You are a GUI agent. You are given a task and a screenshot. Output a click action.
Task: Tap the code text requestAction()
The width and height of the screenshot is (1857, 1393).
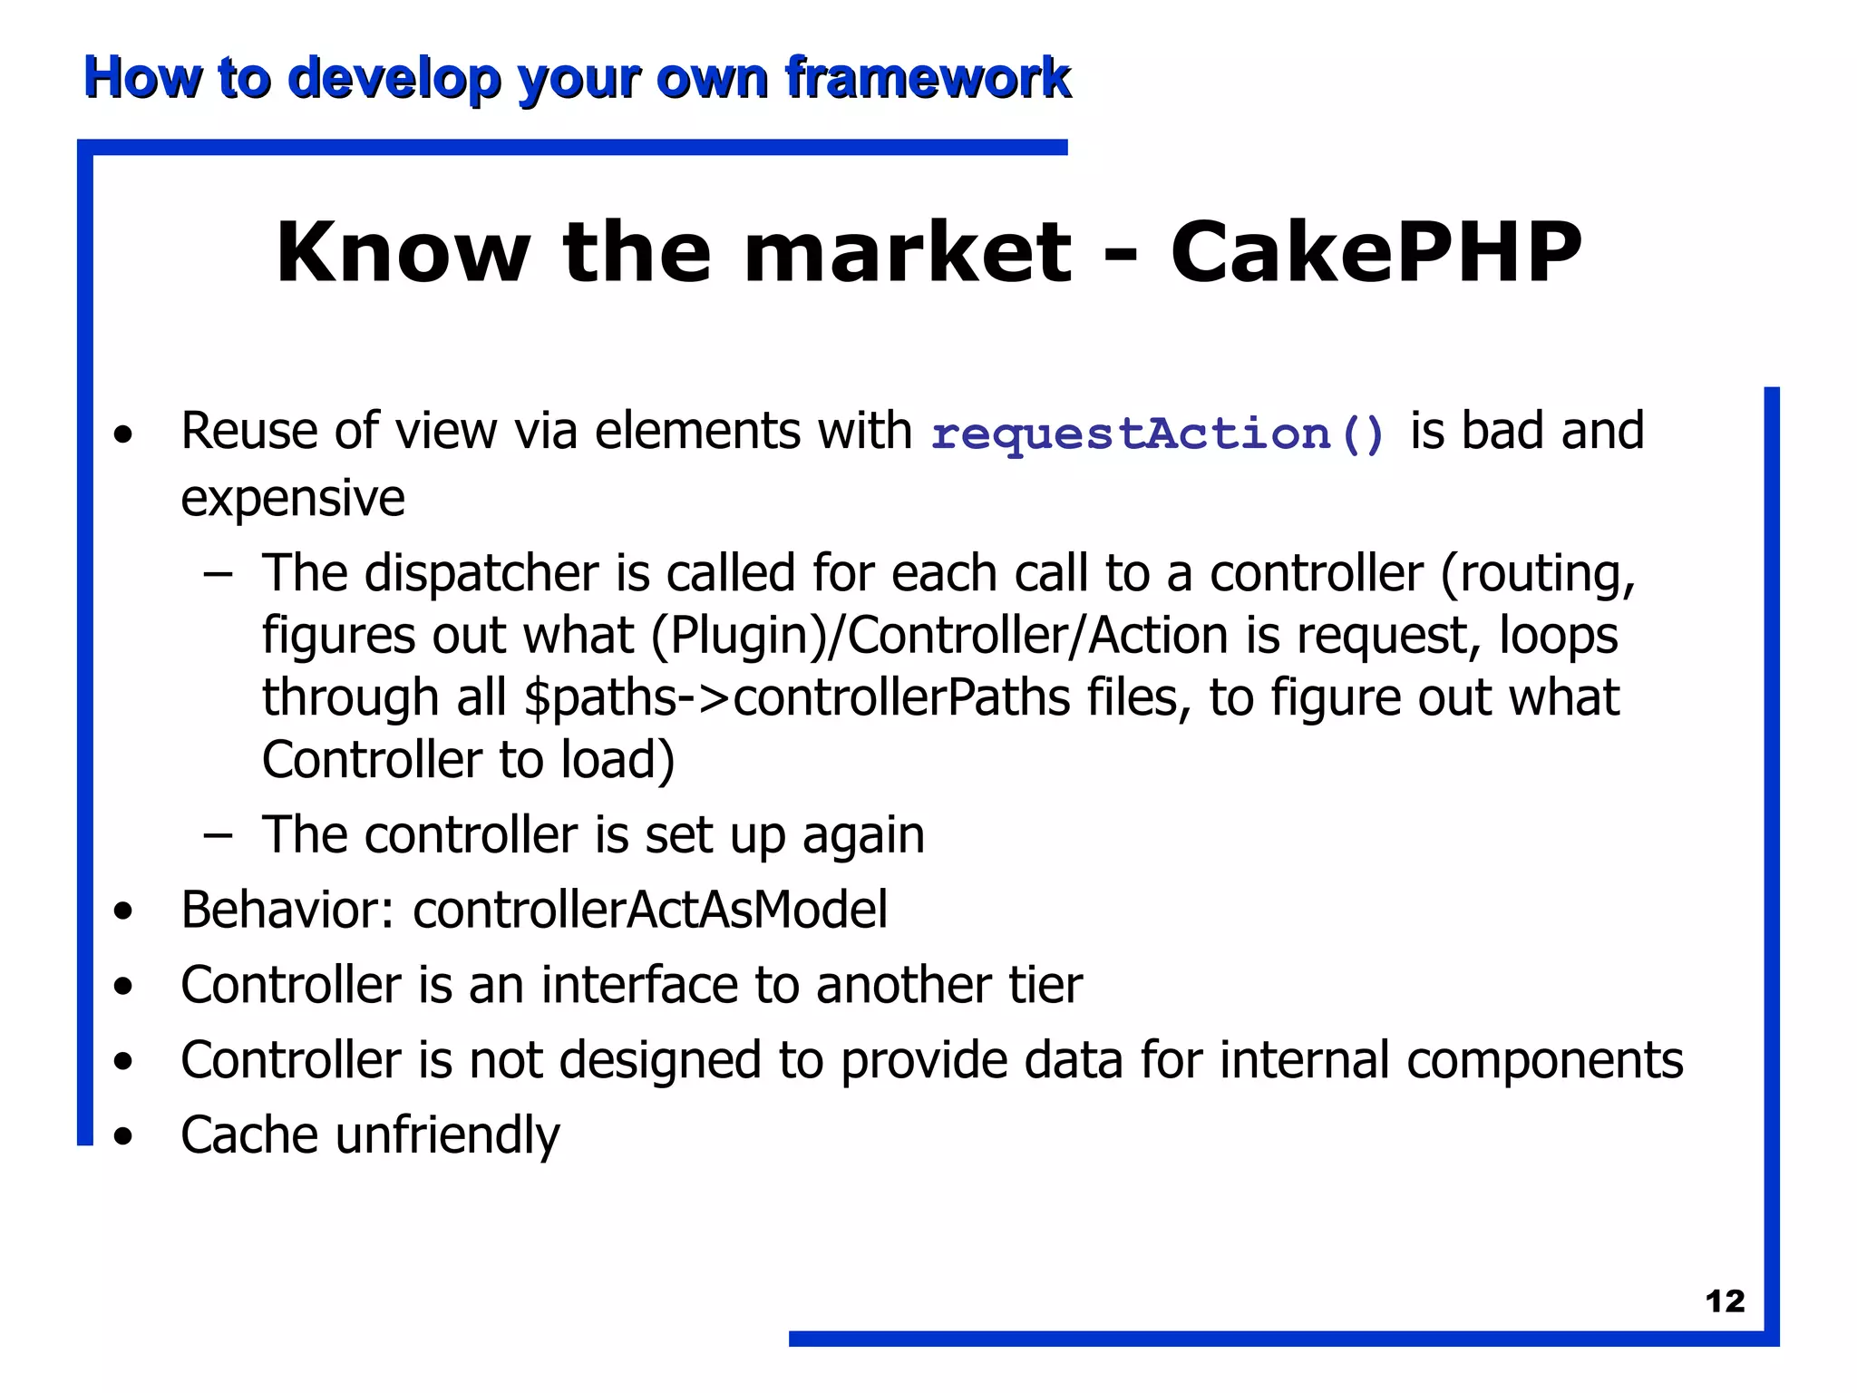tap(1158, 433)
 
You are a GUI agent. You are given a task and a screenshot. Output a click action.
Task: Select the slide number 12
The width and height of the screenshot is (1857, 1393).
tap(1725, 1301)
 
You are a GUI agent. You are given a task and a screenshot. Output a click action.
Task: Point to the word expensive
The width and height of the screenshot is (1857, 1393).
tap(292, 499)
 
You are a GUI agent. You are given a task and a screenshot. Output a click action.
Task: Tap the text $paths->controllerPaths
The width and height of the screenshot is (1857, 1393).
tap(797, 697)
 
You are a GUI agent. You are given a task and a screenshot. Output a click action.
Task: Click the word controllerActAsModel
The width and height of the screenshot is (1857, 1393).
tap(650, 910)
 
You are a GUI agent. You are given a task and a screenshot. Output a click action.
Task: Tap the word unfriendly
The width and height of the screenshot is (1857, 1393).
tap(447, 1135)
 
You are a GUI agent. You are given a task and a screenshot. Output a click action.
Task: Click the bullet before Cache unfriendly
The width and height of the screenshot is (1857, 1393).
tap(123, 1136)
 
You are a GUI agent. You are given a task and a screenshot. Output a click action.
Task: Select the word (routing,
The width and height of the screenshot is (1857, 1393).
tap(1538, 574)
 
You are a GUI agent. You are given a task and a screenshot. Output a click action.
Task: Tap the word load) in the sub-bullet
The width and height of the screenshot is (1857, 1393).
tap(617, 760)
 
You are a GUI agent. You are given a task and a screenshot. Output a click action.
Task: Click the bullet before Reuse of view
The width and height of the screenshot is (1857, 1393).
tap(123, 433)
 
